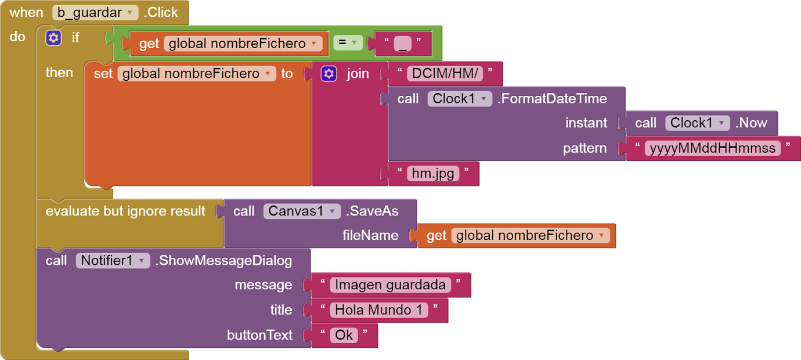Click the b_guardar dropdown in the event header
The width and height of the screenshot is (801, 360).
click(x=95, y=12)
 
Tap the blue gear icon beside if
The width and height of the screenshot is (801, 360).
click(x=53, y=38)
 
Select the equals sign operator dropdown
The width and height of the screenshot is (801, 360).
click(x=348, y=43)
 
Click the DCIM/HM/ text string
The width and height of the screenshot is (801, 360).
click(x=445, y=74)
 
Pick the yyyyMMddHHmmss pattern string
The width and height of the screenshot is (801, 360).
click(x=713, y=148)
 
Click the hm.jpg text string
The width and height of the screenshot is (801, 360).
click(x=433, y=173)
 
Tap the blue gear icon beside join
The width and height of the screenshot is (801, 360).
click(x=329, y=74)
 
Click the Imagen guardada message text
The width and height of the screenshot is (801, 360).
click(x=391, y=285)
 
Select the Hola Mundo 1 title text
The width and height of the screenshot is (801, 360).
click(x=379, y=310)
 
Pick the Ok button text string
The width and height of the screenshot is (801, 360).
click(x=344, y=335)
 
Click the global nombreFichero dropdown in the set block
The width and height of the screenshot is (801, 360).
click(x=197, y=74)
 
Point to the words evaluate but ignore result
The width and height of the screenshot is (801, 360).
click(x=125, y=211)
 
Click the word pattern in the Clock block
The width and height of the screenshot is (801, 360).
click(x=584, y=148)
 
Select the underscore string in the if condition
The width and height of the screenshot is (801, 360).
click(x=402, y=44)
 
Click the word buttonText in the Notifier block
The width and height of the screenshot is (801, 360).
click(x=259, y=335)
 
